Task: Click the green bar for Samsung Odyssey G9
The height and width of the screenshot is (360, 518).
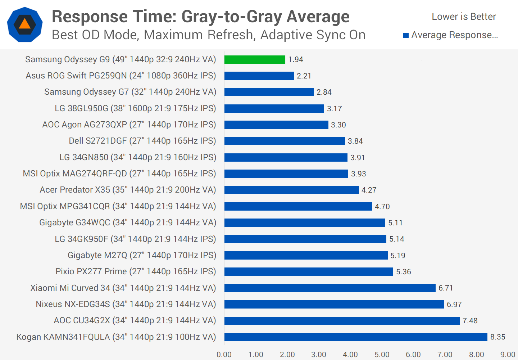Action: [x=255, y=59]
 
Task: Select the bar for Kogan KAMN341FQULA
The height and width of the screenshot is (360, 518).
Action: [x=356, y=337]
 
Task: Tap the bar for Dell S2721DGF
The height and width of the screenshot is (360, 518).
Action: [x=285, y=141]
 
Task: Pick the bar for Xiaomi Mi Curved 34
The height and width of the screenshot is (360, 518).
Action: [x=330, y=288]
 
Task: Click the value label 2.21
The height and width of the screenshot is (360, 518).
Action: [x=304, y=76]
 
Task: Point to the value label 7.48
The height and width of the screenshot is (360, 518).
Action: [x=470, y=321]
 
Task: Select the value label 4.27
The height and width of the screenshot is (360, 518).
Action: [x=369, y=190]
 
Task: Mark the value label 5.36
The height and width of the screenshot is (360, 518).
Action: [x=403, y=272]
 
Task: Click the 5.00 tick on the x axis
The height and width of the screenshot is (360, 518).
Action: [x=382, y=355]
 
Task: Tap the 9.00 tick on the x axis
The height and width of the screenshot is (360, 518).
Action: [x=508, y=355]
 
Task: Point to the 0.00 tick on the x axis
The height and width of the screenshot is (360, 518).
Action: [x=224, y=355]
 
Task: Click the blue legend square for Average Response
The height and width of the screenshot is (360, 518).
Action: [x=406, y=35]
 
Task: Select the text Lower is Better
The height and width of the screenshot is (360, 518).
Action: [x=464, y=17]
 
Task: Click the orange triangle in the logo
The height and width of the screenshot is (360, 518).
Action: [x=25, y=24]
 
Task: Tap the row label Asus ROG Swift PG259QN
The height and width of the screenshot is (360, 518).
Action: [x=121, y=76]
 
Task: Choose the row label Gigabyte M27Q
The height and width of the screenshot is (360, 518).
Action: [x=142, y=255]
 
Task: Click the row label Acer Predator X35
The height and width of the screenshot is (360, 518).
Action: [x=128, y=190]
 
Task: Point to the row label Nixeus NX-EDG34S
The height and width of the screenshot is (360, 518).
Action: [x=126, y=304]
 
